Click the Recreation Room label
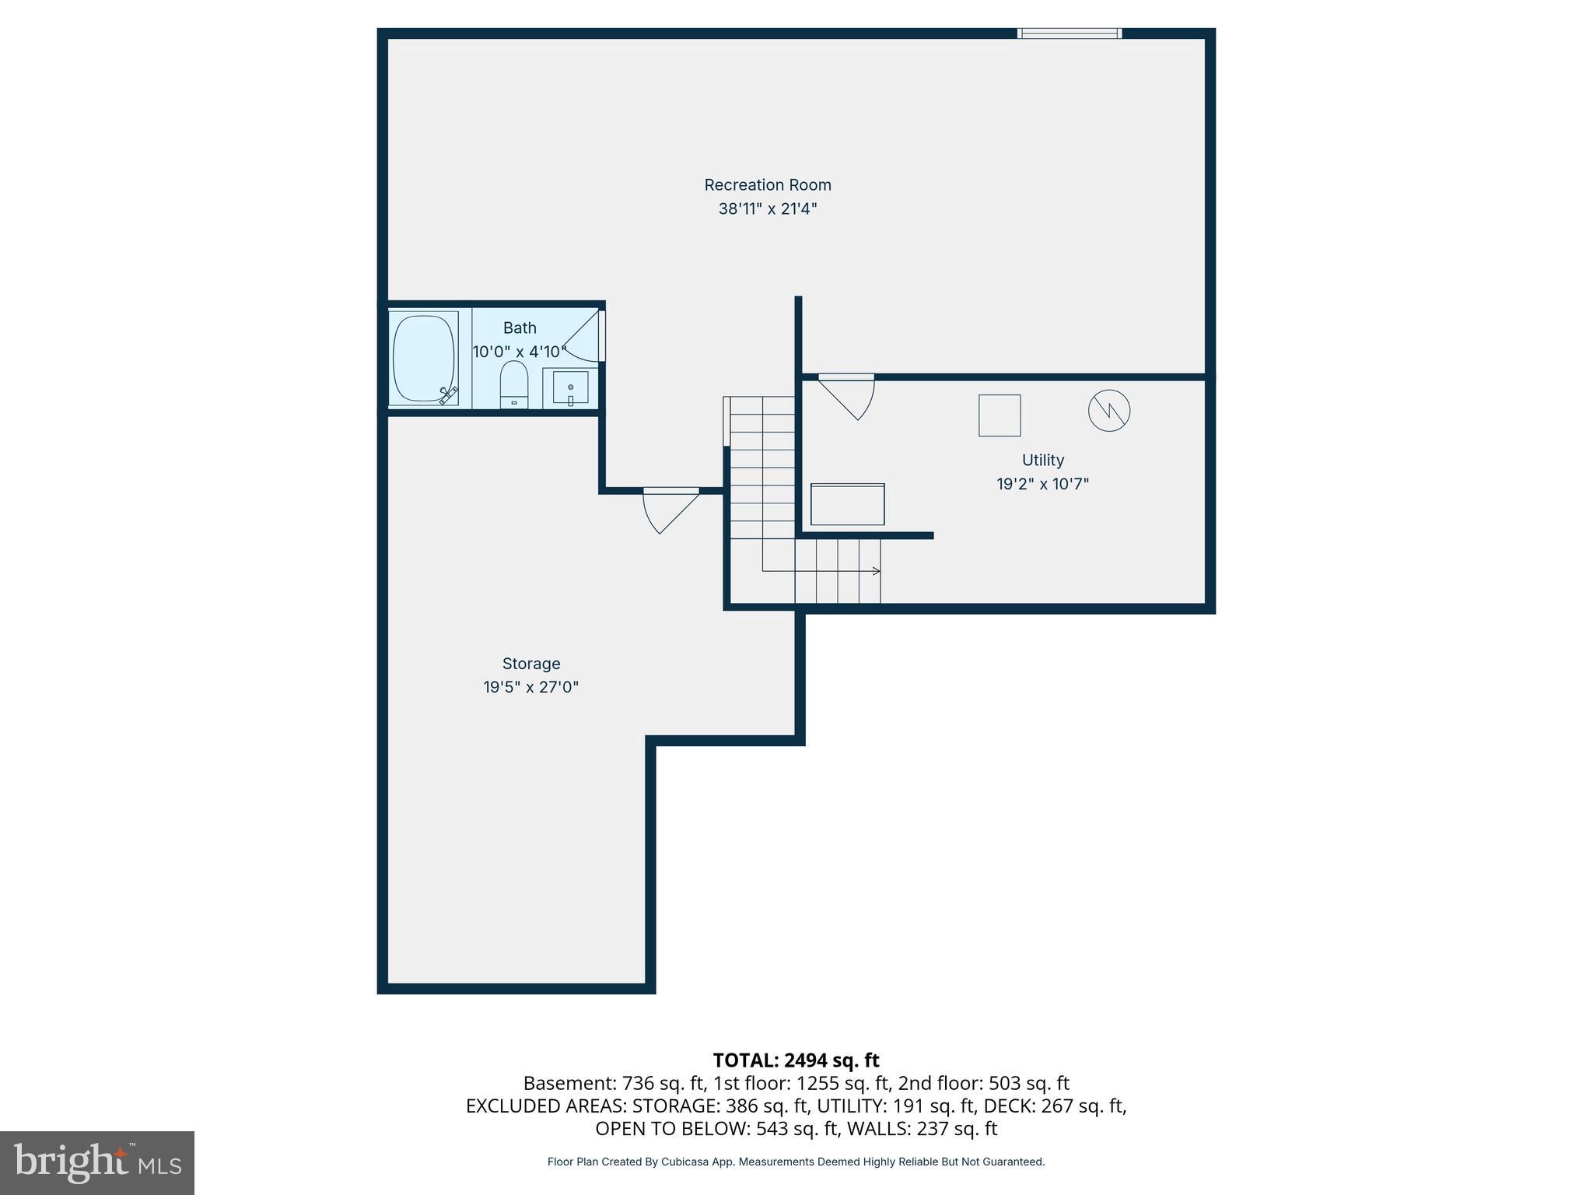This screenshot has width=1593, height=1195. (x=767, y=185)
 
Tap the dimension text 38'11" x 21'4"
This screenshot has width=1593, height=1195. (x=767, y=209)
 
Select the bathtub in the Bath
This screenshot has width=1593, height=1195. (x=424, y=358)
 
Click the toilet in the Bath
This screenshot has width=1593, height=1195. (x=513, y=384)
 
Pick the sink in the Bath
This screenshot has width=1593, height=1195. (x=570, y=387)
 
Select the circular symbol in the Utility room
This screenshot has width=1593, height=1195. (x=1108, y=411)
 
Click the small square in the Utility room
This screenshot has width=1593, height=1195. (x=1000, y=415)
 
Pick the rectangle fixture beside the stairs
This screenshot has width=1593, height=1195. (x=847, y=505)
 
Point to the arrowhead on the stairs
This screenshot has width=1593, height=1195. (x=877, y=571)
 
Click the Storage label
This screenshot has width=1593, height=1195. (x=530, y=664)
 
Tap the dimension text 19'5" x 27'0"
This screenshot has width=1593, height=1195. (x=530, y=688)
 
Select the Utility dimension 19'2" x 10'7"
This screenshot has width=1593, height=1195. (x=1042, y=484)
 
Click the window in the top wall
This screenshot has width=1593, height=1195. (x=1070, y=33)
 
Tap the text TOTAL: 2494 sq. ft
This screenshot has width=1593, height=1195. (x=796, y=1060)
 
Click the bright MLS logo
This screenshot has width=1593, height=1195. (x=97, y=1163)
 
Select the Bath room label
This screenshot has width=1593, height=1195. (x=519, y=328)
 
